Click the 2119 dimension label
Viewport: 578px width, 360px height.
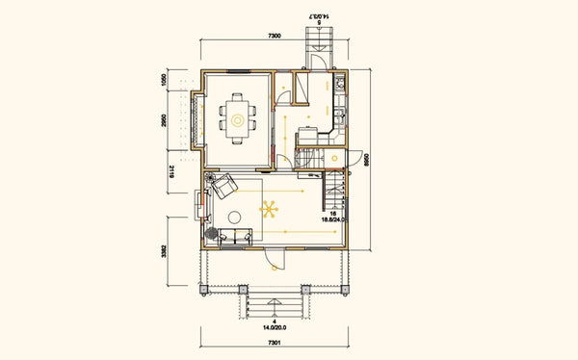click(171, 172)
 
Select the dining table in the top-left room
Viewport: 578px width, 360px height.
click(236, 116)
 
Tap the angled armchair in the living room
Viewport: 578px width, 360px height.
click(225, 185)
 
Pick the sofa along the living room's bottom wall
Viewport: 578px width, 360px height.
click(236, 236)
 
